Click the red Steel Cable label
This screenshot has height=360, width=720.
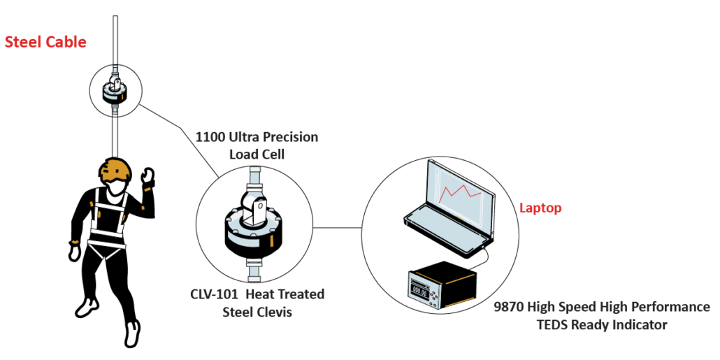(x=45, y=42)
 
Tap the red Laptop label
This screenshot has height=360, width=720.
(x=540, y=208)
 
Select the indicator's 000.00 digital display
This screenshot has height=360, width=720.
(x=419, y=291)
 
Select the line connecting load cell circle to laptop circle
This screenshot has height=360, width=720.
(x=337, y=227)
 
